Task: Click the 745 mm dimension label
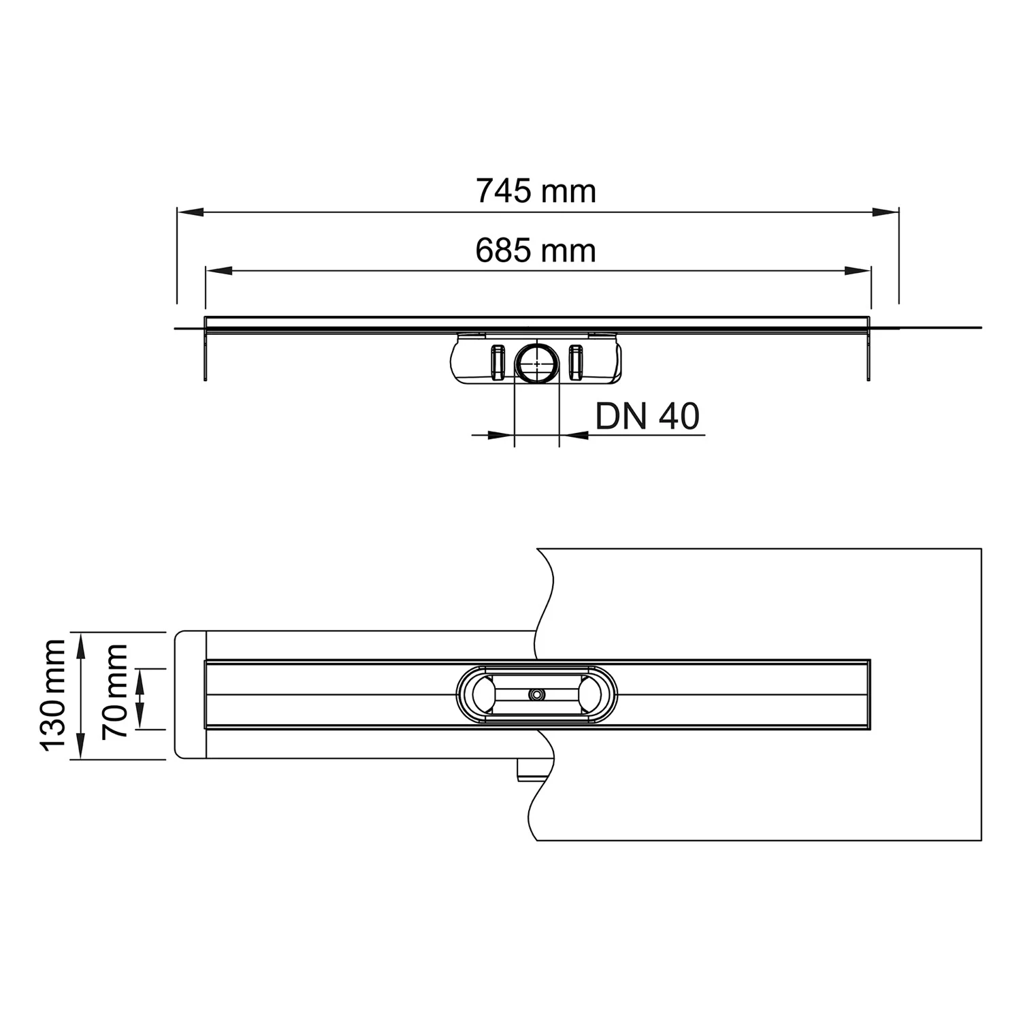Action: pyautogui.click(x=536, y=191)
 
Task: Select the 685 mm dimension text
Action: pyautogui.click(x=536, y=250)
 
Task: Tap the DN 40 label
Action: pyautogui.click(x=647, y=417)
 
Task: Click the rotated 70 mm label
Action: pyautogui.click(x=114, y=691)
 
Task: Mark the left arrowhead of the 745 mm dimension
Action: pyautogui.click(x=190, y=212)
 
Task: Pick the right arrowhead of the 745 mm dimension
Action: pyautogui.click(x=886, y=212)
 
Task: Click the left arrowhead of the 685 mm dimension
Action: pyautogui.click(x=218, y=271)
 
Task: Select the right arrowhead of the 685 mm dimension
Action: pyautogui.click(x=858, y=271)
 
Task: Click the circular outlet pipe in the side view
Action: pyautogui.click(x=536, y=363)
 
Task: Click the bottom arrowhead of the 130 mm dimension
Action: pyautogui.click(x=81, y=747)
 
